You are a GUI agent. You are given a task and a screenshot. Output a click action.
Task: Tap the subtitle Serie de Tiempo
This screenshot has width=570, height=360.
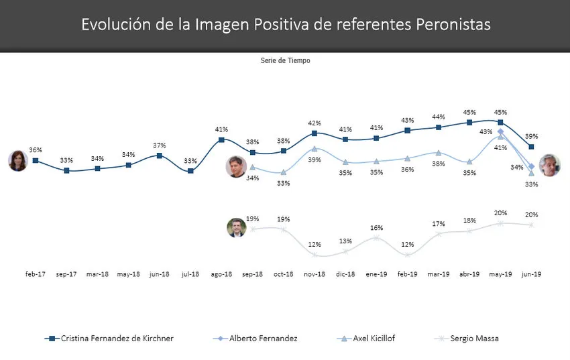[285, 60]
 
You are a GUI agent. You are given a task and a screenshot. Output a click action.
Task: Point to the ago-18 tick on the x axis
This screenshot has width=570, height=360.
[221, 274]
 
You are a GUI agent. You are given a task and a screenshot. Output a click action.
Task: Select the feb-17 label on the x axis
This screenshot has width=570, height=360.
[36, 274]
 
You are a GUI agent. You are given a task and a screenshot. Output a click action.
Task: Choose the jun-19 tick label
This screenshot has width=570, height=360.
[532, 274]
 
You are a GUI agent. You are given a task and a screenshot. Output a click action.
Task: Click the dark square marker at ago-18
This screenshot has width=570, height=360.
[221, 139]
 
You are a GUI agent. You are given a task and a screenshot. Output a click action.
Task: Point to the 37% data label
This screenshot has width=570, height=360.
[159, 145]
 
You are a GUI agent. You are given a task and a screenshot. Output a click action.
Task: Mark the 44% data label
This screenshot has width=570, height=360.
[439, 117]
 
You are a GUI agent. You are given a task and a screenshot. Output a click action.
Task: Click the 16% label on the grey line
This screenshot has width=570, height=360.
[377, 227]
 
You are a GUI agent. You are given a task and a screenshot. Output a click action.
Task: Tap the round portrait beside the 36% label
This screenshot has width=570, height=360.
[17, 161]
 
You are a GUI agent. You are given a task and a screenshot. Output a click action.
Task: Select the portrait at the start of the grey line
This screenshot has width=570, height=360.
[237, 228]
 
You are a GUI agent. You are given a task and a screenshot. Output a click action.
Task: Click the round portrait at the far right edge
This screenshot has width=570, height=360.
[550, 165]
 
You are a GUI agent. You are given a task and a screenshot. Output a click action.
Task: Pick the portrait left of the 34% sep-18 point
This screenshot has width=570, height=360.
[236, 167]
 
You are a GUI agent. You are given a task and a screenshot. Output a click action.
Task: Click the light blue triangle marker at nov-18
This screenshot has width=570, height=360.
[315, 148]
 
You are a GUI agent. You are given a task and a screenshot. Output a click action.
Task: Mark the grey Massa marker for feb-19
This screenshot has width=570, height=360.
[408, 255]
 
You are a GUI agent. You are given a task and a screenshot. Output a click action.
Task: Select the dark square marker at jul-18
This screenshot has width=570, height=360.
[190, 171]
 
